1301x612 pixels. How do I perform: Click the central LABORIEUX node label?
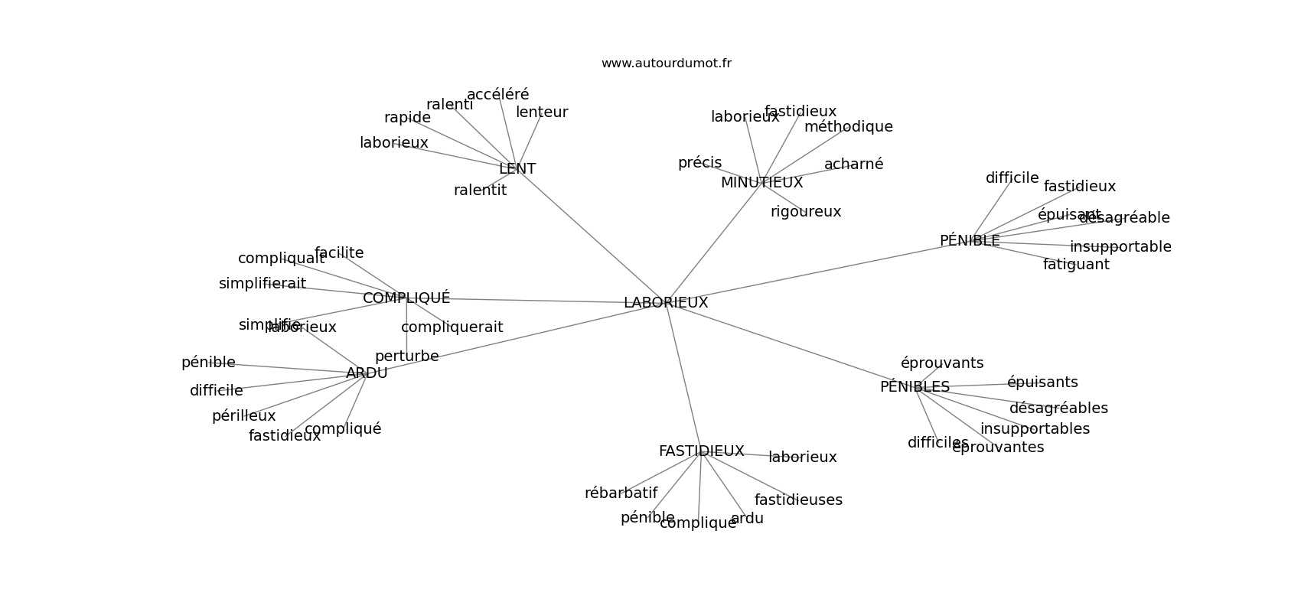[666, 303]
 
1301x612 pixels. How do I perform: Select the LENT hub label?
[517, 169]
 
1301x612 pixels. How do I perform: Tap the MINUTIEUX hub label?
[761, 183]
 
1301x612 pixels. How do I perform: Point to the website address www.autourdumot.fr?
[666, 63]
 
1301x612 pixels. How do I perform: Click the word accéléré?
[497, 95]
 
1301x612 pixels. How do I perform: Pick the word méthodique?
[848, 127]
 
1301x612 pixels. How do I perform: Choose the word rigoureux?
[806, 212]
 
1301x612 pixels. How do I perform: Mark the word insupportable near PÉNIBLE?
[1120, 247]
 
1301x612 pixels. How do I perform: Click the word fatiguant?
[1076, 265]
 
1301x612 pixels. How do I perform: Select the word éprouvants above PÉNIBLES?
[942, 363]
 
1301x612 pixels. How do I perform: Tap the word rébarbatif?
[621, 493]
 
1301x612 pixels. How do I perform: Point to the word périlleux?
[243, 416]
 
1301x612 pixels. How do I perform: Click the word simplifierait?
[262, 284]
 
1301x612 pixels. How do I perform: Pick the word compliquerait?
[452, 327]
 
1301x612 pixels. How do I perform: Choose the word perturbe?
[406, 356]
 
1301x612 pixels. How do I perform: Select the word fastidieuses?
[798, 500]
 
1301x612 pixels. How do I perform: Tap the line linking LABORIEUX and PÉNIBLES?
[788, 345]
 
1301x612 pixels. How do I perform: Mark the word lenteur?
[542, 112]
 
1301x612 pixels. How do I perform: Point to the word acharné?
[853, 164]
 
